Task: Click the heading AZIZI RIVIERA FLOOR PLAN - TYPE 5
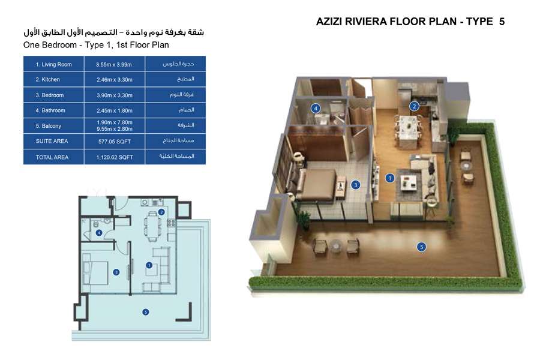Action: pos(410,22)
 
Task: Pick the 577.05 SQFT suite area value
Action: pos(114,142)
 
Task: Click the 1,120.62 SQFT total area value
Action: pos(114,157)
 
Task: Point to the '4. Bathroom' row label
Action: pos(50,111)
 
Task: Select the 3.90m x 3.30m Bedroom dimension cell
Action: pos(114,95)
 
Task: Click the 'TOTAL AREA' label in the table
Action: pos(52,157)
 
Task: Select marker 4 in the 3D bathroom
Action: pos(314,108)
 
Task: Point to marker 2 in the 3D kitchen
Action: pos(413,107)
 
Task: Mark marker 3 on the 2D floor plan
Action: pos(116,272)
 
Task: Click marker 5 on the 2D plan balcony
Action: pos(145,311)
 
